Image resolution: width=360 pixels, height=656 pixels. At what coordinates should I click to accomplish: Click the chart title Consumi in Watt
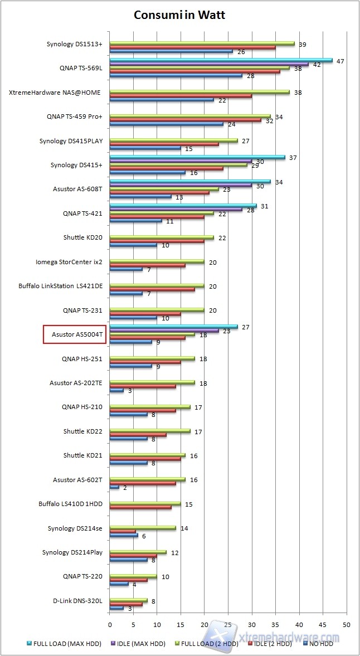[x=179, y=15]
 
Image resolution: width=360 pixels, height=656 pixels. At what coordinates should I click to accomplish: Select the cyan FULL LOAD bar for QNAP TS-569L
[x=221, y=60]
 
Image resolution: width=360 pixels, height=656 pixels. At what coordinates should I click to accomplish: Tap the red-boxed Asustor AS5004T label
[x=75, y=335]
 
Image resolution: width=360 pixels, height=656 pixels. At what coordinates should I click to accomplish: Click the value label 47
[x=339, y=61]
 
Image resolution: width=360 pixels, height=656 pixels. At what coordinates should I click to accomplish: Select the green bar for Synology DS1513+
[x=202, y=43]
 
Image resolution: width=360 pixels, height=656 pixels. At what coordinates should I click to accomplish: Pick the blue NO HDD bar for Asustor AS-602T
[x=114, y=487]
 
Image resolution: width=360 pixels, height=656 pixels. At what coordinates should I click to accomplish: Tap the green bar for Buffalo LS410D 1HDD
[x=145, y=503]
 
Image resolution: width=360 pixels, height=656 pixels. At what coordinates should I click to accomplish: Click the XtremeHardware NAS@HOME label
[x=55, y=93]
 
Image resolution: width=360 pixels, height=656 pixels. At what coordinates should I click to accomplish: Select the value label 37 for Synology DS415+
[x=293, y=158]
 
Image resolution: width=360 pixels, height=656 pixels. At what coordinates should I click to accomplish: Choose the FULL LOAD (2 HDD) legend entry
[x=208, y=644]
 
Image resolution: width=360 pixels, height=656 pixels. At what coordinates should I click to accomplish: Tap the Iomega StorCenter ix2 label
[x=68, y=261]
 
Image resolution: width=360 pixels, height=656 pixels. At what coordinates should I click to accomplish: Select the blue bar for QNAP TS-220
[x=119, y=584]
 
